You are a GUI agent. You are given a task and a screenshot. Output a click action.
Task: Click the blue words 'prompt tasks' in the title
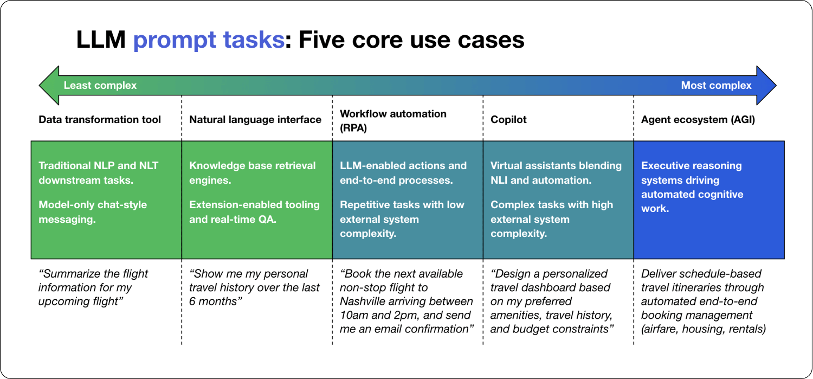click(208, 40)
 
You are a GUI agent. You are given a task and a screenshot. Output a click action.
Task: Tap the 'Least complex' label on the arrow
click(100, 86)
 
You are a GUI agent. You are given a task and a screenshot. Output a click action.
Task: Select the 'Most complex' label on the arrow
click(716, 86)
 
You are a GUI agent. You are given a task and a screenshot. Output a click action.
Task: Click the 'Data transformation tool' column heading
click(100, 120)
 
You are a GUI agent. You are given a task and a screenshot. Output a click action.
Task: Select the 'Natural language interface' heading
click(255, 120)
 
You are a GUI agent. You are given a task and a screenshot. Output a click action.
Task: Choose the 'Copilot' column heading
click(508, 120)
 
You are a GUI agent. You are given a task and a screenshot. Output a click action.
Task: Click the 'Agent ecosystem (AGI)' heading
click(698, 120)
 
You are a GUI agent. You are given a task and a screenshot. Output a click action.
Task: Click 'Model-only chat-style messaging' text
click(93, 212)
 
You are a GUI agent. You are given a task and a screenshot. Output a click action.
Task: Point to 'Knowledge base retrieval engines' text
click(252, 172)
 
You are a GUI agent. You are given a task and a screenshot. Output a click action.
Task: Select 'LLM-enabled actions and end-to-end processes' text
click(403, 172)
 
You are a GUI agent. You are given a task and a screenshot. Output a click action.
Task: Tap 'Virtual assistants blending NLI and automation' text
click(556, 172)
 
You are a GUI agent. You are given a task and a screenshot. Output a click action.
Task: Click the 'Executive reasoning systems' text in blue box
click(692, 173)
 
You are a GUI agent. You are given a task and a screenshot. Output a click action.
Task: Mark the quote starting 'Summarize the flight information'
click(93, 287)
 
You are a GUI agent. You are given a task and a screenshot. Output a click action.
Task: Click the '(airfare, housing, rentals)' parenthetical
click(704, 329)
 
